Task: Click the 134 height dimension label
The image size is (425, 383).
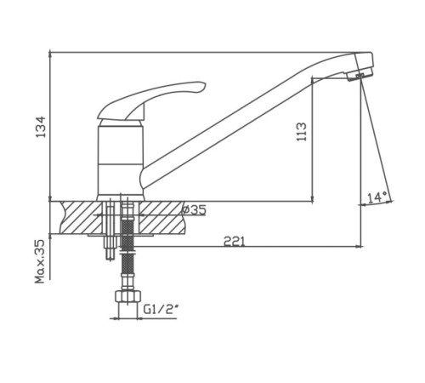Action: coord(40,127)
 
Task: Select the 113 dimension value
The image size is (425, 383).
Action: coord(302,132)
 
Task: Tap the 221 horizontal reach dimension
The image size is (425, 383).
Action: coord(234,242)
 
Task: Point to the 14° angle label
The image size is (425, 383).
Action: coord(377,197)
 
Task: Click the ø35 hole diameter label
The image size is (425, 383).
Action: coord(194,210)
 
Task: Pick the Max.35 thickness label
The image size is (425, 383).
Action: coord(40,261)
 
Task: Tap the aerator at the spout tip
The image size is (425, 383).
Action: coord(360,75)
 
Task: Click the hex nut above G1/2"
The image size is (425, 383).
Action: coord(127,296)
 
